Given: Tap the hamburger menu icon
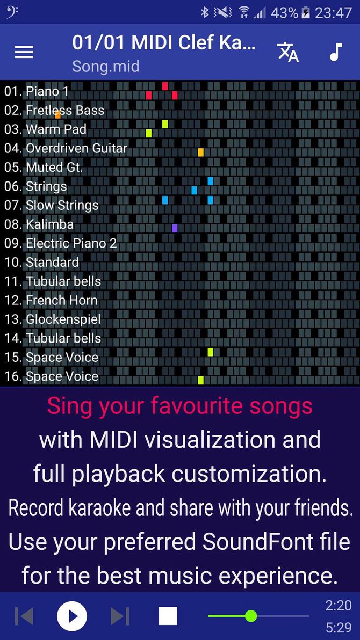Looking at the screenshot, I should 24,52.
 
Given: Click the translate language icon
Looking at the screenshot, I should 288,52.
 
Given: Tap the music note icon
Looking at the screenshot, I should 335,52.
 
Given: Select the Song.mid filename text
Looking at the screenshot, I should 106,67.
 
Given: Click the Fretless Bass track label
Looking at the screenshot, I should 65,111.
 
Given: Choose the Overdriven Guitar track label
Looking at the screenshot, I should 76,148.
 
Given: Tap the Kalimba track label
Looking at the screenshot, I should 49,224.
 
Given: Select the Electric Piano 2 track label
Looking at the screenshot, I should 71,243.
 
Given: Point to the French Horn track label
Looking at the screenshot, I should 61,300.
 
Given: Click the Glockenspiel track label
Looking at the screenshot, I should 63,319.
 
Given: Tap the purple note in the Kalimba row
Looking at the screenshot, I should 175,228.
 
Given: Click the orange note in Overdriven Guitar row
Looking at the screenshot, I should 200,152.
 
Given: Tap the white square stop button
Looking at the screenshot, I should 168,616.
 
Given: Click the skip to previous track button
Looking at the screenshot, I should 24,616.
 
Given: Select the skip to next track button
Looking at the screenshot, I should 120,616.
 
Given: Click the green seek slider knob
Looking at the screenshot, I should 250,616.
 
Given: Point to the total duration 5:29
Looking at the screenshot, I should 339,628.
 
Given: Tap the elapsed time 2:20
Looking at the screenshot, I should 339,606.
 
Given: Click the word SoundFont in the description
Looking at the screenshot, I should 243,542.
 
